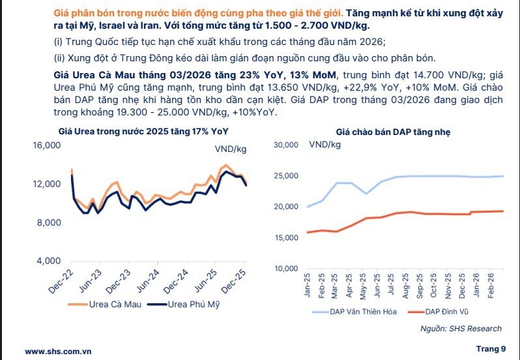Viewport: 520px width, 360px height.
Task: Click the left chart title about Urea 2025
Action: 143,131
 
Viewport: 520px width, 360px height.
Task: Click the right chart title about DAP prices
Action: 393,132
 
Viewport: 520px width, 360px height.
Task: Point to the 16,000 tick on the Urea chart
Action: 46,145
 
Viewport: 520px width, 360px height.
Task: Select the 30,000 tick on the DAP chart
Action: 284,145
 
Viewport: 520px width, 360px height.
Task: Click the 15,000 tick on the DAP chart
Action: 284,238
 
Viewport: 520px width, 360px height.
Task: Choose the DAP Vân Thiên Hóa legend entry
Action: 356,312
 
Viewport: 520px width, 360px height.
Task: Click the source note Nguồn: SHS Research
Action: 461,329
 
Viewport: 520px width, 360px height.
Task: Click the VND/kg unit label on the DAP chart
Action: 325,144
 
